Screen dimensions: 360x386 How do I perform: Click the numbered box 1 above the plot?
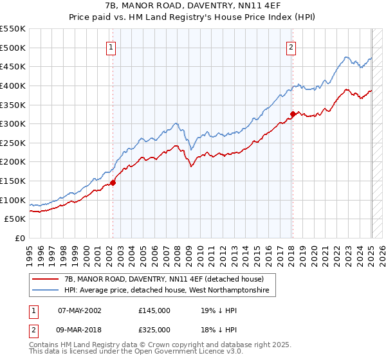[x=111, y=47]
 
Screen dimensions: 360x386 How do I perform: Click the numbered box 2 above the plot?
[x=291, y=47]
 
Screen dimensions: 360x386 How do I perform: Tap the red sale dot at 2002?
[x=113, y=183]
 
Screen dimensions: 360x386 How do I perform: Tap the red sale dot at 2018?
[x=293, y=114]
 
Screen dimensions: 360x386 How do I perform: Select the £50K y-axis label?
[x=15, y=219]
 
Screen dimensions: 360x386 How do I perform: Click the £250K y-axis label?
[x=13, y=143]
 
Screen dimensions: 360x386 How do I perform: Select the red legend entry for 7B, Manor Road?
[x=164, y=280]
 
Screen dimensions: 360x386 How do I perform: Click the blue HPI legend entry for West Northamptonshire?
[x=169, y=291]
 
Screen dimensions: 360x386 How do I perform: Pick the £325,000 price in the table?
[x=154, y=330]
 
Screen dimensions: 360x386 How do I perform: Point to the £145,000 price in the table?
[x=154, y=310]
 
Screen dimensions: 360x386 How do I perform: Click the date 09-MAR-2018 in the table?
[x=80, y=330]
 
